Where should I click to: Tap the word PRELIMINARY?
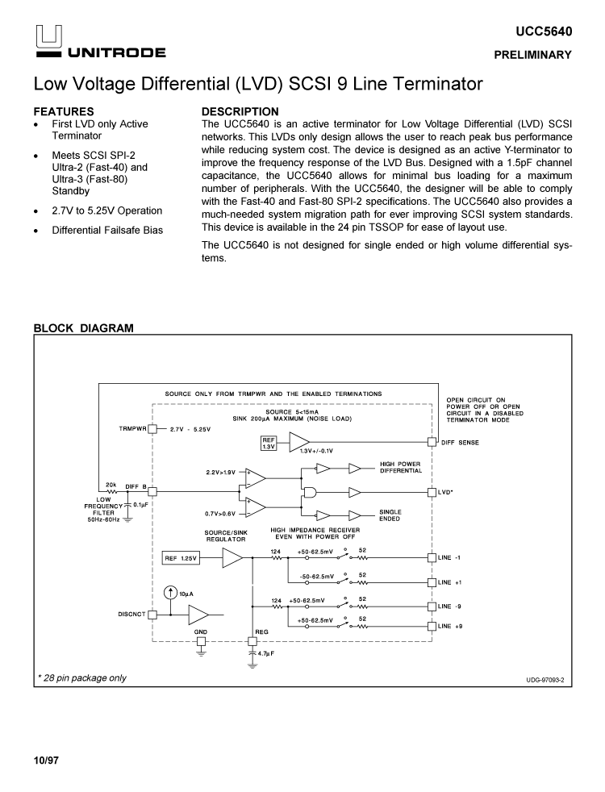[533, 56]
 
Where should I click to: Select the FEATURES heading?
[64, 111]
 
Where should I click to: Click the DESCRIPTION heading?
[240, 111]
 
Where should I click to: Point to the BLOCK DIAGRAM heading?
[83, 328]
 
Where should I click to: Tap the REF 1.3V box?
[269, 442]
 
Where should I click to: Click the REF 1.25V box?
[181, 558]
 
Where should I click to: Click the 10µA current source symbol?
[170, 594]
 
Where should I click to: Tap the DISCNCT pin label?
[131, 614]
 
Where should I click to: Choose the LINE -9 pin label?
[449, 607]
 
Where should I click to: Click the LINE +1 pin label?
[449, 581]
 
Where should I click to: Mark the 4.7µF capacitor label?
[267, 653]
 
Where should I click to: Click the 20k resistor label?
[111, 485]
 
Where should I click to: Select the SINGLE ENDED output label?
[390, 515]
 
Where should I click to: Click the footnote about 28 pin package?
[81, 677]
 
